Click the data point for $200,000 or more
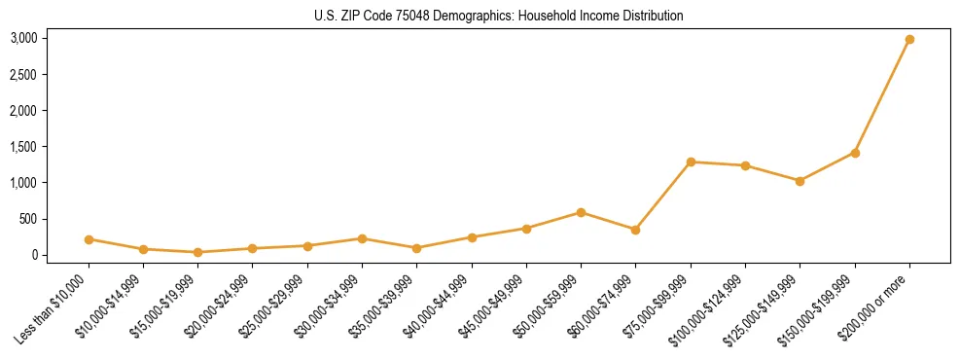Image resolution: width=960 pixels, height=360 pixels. coord(909,40)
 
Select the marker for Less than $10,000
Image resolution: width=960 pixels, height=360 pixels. coord(89,239)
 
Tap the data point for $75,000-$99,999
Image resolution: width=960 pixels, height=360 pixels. coord(691,162)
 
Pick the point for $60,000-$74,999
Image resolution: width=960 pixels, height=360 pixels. coord(635,230)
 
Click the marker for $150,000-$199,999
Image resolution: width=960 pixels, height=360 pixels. coord(855,153)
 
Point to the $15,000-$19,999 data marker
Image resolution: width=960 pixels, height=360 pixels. coord(198,252)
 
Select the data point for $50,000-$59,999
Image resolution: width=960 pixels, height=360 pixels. coord(581,212)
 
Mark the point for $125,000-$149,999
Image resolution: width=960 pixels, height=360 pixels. coord(800,181)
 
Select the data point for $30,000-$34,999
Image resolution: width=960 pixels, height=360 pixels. coord(362,238)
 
